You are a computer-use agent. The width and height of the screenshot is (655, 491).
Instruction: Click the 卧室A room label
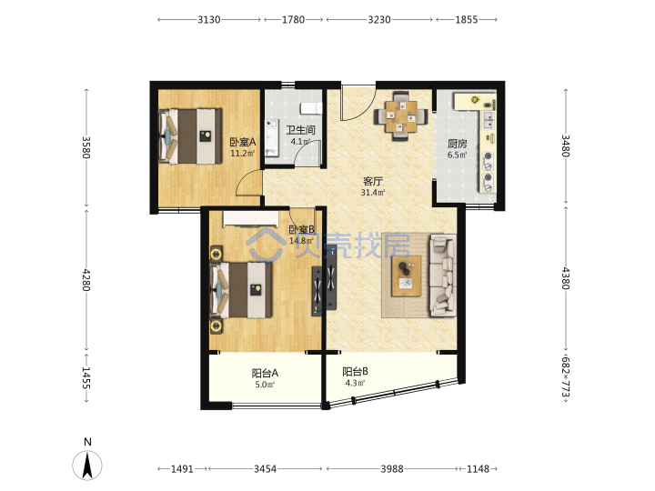(243, 143)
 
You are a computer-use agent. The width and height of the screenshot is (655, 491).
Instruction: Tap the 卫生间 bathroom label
(300, 130)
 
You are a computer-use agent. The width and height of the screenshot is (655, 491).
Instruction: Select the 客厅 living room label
(373, 181)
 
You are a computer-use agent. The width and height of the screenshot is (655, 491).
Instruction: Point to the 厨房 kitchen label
(457, 144)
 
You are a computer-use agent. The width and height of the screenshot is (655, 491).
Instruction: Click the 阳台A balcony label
(265, 373)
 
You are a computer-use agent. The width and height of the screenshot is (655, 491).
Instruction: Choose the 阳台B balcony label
(355, 371)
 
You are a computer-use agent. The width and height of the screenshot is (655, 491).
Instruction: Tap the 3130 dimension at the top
(209, 20)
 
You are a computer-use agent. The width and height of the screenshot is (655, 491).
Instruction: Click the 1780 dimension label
(293, 20)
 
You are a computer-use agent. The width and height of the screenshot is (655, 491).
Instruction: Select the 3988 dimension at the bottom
(392, 469)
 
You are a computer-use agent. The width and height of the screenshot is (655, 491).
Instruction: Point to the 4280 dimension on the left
(86, 280)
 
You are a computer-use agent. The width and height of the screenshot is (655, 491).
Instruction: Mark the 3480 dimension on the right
(565, 145)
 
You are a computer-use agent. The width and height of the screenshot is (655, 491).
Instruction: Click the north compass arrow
(87, 466)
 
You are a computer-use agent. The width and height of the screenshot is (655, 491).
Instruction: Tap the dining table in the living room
(401, 116)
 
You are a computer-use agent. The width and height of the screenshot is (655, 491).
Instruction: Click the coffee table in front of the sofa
(406, 276)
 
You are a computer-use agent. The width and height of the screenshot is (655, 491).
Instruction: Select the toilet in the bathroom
(312, 108)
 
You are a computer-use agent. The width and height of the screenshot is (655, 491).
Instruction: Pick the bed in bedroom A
(190, 136)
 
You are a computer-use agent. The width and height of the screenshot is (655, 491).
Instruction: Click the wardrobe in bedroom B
(251, 219)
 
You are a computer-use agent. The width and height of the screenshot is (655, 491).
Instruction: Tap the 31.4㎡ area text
(373, 193)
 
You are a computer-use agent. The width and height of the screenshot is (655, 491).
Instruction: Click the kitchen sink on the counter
(488, 120)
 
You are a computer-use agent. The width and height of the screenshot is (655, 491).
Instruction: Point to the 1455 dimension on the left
(86, 378)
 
